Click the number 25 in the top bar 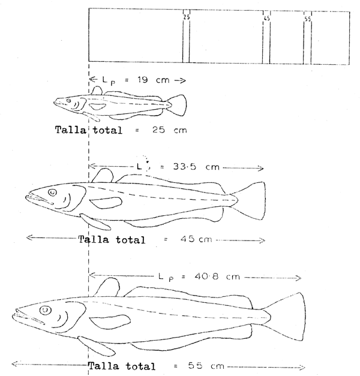pyautogui.click(x=186, y=17)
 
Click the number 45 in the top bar pyautogui.click(x=266, y=19)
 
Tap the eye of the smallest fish pyautogui.click(x=70, y=101)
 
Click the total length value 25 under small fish pyautogui.click(x=152, y=130)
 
